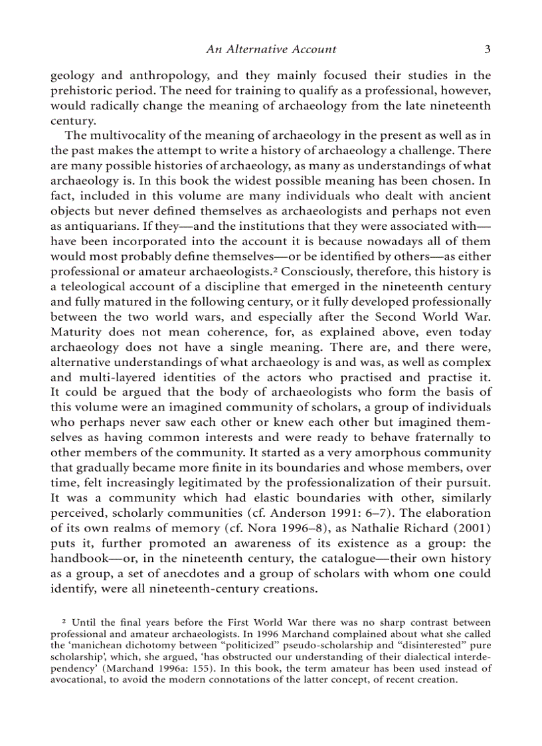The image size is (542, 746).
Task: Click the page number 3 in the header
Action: tap(487, 48)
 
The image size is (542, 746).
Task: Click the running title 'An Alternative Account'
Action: tap(271, 48)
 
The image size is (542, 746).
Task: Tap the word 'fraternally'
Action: tap(439, 437)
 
